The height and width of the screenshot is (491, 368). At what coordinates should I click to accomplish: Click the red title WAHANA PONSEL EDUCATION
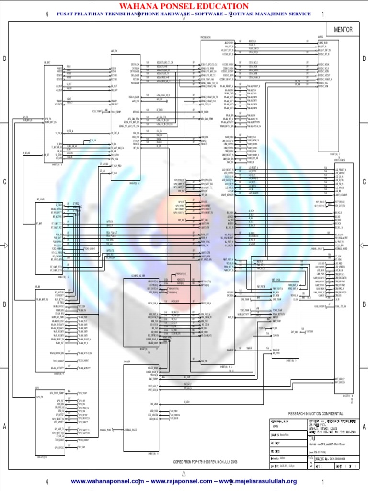184,6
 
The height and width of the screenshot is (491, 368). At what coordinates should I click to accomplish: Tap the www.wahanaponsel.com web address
107,481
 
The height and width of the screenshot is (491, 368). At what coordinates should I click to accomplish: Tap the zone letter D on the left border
4,58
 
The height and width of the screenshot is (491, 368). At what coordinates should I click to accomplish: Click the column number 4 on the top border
47,14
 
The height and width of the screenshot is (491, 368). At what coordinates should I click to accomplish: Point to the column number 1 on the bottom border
323,481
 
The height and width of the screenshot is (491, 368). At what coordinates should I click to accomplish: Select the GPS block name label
37,387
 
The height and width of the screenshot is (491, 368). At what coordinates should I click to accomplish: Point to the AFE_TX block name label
114,50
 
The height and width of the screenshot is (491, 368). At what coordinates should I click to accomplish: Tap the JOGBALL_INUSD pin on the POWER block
130,430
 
